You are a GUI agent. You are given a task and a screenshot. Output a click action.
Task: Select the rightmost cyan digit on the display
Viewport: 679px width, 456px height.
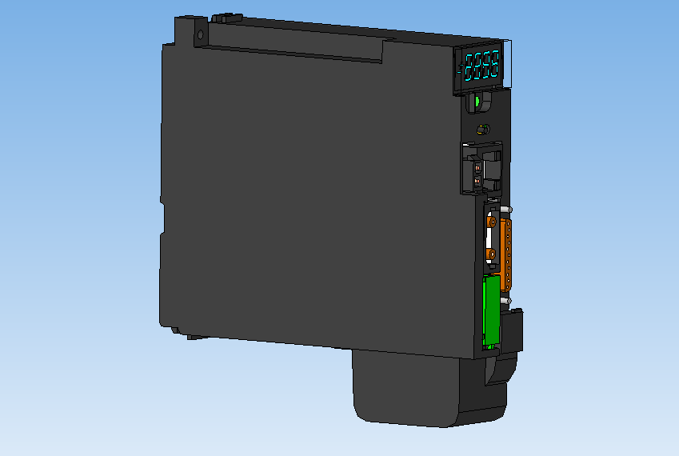click(x=495, y=63)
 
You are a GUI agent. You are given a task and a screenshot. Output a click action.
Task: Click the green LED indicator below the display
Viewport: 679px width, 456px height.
click(x=477, y=102)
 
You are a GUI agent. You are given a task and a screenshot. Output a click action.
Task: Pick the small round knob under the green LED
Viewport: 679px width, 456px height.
click(x=481, y=130)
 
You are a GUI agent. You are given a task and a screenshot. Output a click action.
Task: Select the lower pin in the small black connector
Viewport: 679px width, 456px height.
click(x=477, y=183)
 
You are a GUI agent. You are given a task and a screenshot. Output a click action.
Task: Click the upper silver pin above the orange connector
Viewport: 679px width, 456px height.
click(x=506, y=210)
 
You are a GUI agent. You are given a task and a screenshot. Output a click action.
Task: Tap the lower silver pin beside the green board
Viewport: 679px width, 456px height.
click(x=505, y=301)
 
